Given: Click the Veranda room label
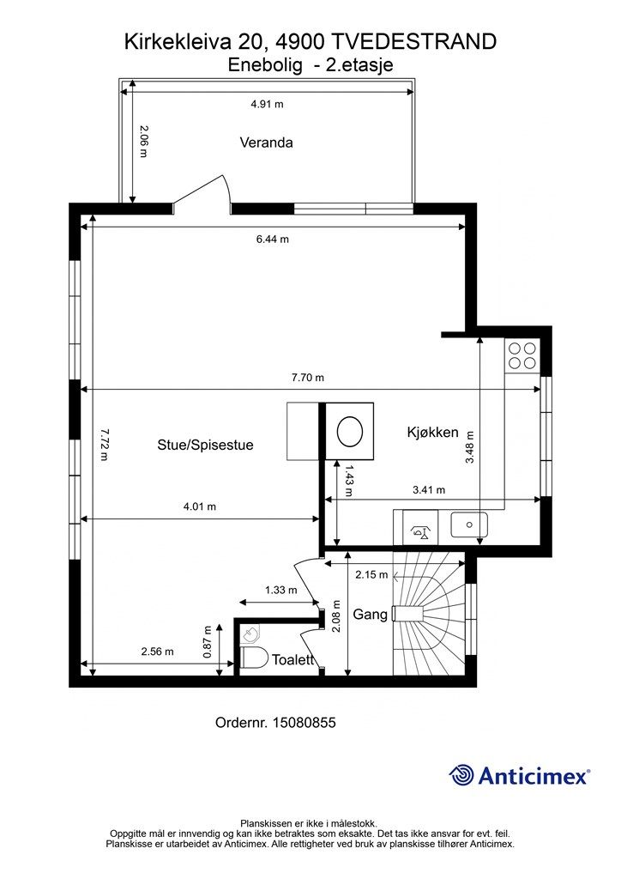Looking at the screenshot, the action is click(x=266, y=142).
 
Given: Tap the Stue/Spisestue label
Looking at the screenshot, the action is click(x=205, y=446).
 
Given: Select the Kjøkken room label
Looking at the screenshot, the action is click(x=432, y=433).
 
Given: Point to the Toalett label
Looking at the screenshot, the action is click(x=292, y=660).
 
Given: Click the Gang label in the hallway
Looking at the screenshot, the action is click(x=371, y=615).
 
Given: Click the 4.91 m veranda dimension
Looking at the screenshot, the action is click(x=267, y=104).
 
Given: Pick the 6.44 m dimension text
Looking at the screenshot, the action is click(x=273, y=239).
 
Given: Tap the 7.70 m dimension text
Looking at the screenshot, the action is click(x=308, y=378).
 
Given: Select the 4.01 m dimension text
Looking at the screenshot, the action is click(x=200, y=506).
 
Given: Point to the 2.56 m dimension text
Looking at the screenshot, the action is click(x=157, y=652).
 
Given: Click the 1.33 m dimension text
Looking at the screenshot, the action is click(x=281, y=591).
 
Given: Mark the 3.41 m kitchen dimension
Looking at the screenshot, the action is click(x=429, y=490).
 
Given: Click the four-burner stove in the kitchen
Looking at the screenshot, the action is click(x=522, y=355).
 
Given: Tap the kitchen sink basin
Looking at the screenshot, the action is click(x=469, y=525).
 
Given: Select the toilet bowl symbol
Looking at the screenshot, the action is click(x=254, y=658).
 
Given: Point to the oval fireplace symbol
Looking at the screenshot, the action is click(x=350, y=432).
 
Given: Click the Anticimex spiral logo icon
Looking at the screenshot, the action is click(x=461, y=776).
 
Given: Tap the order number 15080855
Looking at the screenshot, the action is click(x=304, y=723).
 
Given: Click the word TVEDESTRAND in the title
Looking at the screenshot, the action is click(x=414, y=41).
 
